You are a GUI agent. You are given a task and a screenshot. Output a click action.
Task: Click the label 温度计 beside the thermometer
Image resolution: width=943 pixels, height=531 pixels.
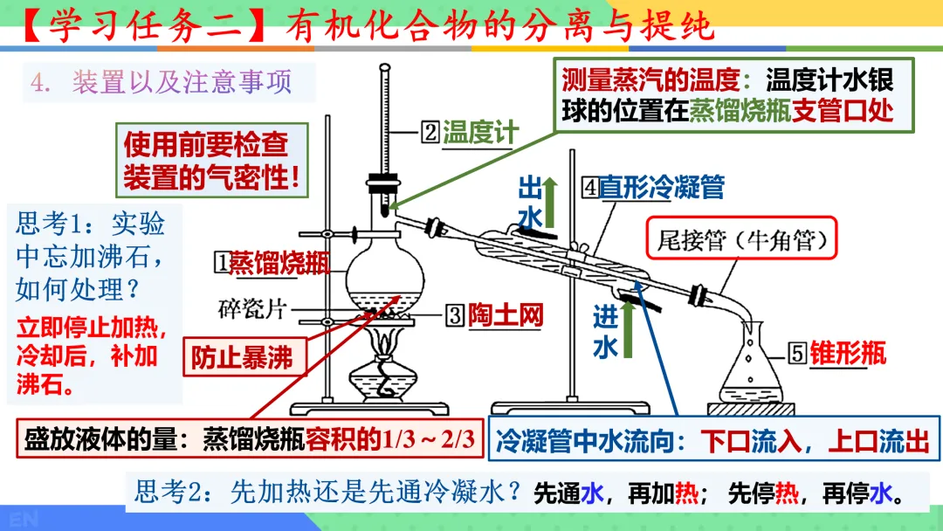[480, 133]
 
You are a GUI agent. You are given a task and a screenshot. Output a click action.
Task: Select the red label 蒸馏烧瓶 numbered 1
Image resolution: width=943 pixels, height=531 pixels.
[279, 262]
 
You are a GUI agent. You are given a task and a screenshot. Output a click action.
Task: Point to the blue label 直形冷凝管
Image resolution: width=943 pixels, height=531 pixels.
[661, 187]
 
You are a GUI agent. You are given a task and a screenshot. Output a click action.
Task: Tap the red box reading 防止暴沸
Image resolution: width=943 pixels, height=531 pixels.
[243, 356]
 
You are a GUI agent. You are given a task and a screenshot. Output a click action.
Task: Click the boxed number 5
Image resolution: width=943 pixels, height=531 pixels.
[797, 353]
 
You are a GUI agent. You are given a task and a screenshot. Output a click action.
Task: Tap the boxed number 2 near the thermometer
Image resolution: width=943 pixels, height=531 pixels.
[430, 133]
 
